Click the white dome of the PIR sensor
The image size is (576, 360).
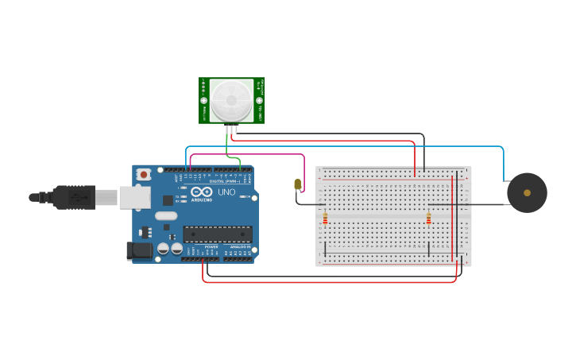click(231, 100)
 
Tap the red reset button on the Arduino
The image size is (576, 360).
click(143, 174)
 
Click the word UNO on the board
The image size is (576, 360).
click(227, 192)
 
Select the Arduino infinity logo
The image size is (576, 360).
click(202, 192)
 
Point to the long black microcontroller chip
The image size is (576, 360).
click(218, 234)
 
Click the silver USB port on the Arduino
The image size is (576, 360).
click(134, 197)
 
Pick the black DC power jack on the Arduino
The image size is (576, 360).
click(139, 251)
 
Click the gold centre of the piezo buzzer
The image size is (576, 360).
click(527, 193)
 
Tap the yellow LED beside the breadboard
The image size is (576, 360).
click(298, 184)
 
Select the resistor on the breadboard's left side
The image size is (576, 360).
click(325, 218)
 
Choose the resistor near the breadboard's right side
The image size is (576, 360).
click(428, 218)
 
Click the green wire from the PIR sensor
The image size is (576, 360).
click(227, 149)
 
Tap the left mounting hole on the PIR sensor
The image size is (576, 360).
click(203, 101)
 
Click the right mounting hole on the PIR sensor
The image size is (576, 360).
click(259, 101)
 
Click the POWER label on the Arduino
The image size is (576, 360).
click(211, 247)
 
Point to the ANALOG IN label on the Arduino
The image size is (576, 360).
click(239, 247)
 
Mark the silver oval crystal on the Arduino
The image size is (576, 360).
click(166, 215)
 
